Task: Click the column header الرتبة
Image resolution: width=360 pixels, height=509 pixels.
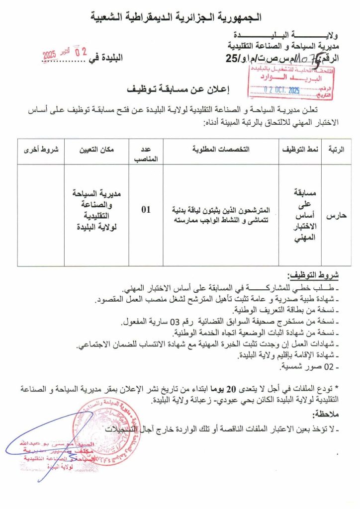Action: tap(337, 149)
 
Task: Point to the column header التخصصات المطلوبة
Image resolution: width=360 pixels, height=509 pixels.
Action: tap(221, 149)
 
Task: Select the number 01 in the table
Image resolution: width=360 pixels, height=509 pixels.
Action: tap(146, 210)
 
